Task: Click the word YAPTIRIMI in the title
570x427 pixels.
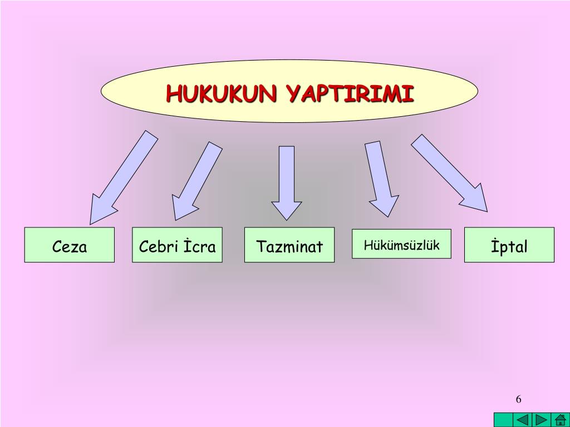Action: tap(351, 93)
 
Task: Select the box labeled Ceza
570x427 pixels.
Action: tap(70, 245)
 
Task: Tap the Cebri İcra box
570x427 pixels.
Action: tap(177, 245)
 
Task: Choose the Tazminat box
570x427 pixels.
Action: tap(289, 245)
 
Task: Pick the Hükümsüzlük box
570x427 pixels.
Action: tap(402, 244)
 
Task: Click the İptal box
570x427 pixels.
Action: tap(509, 245)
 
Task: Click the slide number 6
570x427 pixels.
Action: tap(519, 399)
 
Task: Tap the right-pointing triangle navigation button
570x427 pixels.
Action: tap(541, 420)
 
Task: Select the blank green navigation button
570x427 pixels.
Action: tap(503, 420)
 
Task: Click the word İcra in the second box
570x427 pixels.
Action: tap(200, 246)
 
